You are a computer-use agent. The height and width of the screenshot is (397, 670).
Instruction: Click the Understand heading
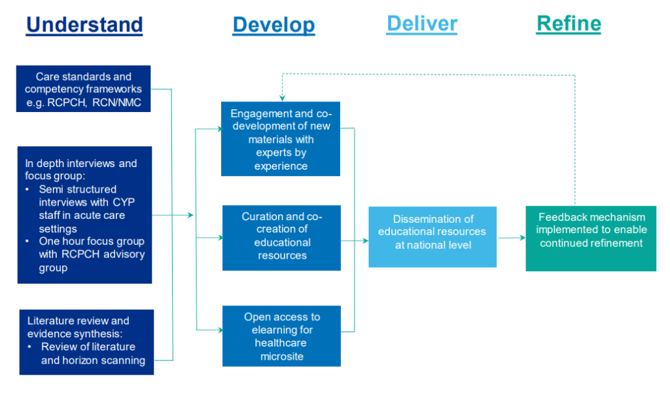click(x=84, y=25)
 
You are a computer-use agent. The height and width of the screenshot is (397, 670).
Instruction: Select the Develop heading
click(x=273, y=25)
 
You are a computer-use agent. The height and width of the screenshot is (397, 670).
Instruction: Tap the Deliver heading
click(x=422, y=24)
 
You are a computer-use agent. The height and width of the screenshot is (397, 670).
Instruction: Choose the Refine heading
click(x=569, y=24)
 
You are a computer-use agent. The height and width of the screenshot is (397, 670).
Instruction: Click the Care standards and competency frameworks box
click(x=84, y=88)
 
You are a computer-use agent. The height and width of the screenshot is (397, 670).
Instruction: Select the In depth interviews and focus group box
click(x=84, y=215)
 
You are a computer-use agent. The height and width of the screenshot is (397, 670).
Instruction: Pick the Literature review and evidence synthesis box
click(x=86, y=341)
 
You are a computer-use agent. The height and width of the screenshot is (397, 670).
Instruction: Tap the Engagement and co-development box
click(x=281, y=139)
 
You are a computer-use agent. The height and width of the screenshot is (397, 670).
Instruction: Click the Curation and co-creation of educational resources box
click(x=281, y=237)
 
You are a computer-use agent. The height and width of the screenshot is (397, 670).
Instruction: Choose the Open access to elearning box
click(x=281, y=335)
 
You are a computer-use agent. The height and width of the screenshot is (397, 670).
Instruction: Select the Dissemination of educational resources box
click(x=432, y=236)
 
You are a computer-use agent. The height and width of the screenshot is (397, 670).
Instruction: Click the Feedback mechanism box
click(x=591, y=238)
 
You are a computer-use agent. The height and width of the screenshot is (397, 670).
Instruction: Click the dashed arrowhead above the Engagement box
click(x=281, y=98)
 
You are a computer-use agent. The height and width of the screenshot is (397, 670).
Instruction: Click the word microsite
click(x=282, y=356)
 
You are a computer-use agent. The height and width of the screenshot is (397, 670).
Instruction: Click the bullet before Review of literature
click(x=31, y=347)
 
